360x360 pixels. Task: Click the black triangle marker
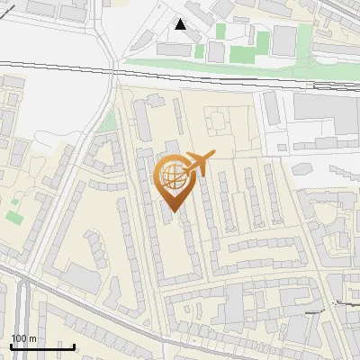pyautogui.click(x=181, y=24)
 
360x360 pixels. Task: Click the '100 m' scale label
pyautogui.click(x=23, y=338)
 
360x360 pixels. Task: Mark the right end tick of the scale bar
pyautogui.click(x=74, y=346)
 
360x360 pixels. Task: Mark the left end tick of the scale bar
pyautogui.click(x=11, y=346)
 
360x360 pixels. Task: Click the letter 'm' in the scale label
pyautogui.click(x=32, y=338)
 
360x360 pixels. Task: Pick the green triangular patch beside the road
pyautogui.click(x=108, y=121)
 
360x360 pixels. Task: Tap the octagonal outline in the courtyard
pyautogui.click(x=217, y=118)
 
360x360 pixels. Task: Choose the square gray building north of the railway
pyautogui.click(x=284, y=38)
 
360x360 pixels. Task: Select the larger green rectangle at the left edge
pyautogui.click(x=13, y=217)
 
